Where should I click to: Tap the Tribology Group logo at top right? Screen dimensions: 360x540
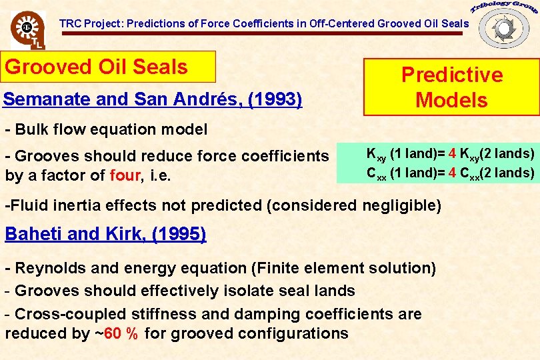coord(503,25)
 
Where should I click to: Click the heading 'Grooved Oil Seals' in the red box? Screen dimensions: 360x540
coord(97,67)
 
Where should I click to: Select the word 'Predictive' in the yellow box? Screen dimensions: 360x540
coord(451,74)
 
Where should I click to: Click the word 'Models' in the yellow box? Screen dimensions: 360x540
coord(451,100)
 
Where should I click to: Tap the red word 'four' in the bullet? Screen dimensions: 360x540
coord(125,176)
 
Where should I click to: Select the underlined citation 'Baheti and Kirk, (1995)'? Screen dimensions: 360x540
coord(105,234)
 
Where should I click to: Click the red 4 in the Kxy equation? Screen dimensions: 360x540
coord(453,154)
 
